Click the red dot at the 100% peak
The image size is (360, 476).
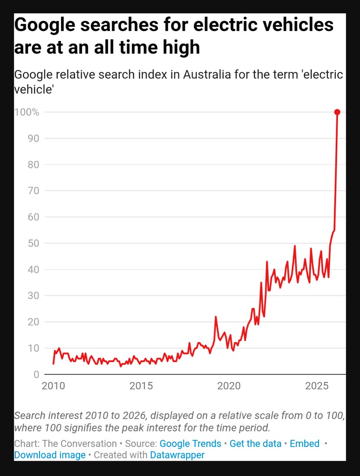pyautogui.click(x=337, y=112)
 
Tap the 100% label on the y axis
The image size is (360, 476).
pyautogui.click(x=27, y=112)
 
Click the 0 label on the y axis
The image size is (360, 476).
pyautogui.click(x=35, y=374)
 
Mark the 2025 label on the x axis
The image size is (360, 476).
pyautogui.click(x=316, y=385)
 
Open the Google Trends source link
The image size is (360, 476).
pyautogui.click(x=190, y=444)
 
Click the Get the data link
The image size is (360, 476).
pyautogui.click(x=256, y=444)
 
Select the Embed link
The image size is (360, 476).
pyautogui.click(x=305, y=444)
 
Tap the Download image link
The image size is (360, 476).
pyautogui.click(x=50, y=455)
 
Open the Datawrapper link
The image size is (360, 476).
pyautogui.click(x=177, y=455)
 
